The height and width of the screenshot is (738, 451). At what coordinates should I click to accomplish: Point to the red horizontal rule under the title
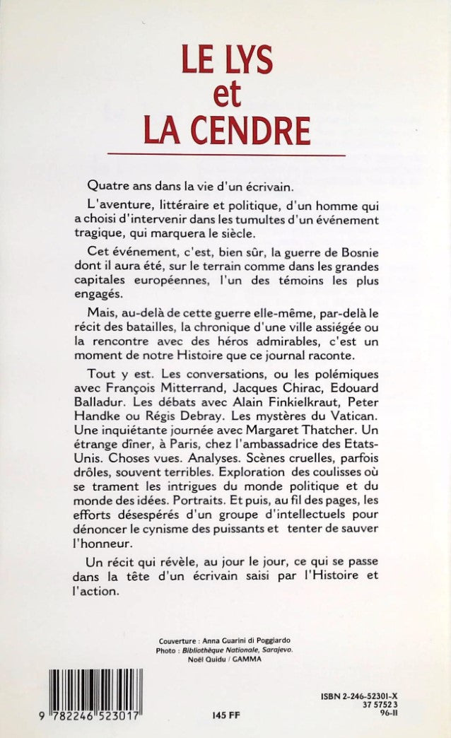tap(225, 154)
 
